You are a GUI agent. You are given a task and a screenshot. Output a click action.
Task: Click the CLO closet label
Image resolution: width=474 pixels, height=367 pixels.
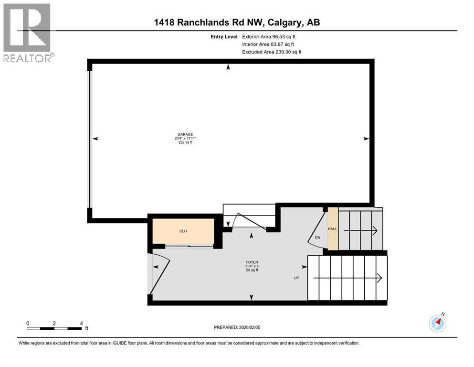182,231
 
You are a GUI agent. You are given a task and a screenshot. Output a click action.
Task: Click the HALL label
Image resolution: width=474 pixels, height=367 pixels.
332,229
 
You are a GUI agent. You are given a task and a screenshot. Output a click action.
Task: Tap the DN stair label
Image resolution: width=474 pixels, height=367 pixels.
317,237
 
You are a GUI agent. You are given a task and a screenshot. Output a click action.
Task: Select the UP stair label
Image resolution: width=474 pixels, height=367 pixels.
296,278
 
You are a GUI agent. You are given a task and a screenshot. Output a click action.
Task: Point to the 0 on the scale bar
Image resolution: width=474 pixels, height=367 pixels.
28,323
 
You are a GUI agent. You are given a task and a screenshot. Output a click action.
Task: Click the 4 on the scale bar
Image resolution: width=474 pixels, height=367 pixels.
82,323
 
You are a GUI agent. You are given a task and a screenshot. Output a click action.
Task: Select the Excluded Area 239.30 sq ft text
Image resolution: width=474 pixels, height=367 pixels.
272,52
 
